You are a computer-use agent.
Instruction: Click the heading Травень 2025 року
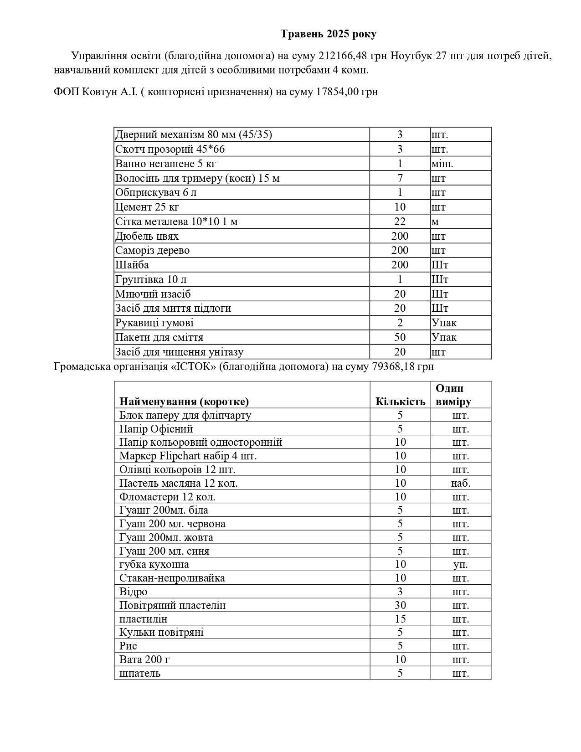tap(328, 34)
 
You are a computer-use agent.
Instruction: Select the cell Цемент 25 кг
tap(147, 207)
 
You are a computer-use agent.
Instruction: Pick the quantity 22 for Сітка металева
tap(400, 222)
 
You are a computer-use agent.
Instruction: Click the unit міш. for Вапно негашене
tap(442, 164)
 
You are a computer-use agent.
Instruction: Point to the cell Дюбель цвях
tap(147, 237)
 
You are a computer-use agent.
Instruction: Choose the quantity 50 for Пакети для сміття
tap(400, 338)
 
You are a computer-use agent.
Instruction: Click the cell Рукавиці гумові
tap(154, 323)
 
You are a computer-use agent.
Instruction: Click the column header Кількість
tap(400, 402)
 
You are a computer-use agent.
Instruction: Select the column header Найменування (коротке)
tap(184, 402)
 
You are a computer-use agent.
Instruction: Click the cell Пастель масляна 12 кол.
tap(179, 483)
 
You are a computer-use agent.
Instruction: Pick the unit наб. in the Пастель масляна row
tap(461, 483)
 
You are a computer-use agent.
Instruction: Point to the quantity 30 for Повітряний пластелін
tap(400, 605)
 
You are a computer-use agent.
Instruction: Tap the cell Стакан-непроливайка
tap(172, 578)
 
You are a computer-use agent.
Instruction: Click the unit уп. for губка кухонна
tap(461, 565)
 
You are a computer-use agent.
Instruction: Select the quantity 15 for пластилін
tap(400, 619)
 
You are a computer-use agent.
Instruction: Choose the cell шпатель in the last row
tap(140, 674)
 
